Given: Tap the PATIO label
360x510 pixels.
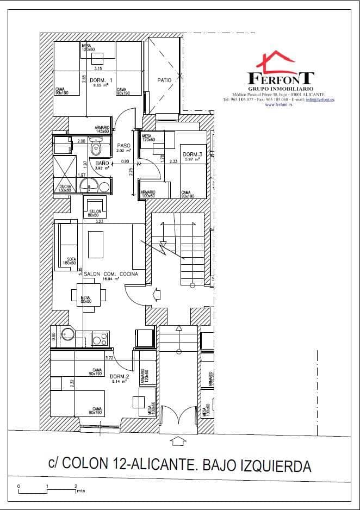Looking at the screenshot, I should [164, 80].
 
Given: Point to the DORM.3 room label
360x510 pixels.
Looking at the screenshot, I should [193, 154].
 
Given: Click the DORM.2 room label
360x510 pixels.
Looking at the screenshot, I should [119, 377].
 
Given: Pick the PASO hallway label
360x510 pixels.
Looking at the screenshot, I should [123, 146].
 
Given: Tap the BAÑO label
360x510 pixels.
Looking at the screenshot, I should [102, 163].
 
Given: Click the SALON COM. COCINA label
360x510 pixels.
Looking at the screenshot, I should [111, 274].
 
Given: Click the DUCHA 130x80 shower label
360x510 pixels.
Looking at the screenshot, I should [65, 188].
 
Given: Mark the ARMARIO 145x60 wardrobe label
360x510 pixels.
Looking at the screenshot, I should [102, 129].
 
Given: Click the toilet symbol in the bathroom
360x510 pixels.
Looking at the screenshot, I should [97, 147].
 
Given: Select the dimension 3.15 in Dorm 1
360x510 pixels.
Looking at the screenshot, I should [98, 69].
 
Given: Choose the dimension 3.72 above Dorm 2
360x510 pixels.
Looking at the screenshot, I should [109, 357].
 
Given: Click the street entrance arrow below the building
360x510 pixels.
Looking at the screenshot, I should [177, 440].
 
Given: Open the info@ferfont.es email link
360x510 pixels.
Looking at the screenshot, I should [320, 99].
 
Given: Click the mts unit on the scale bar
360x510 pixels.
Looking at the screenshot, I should [80, 490].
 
